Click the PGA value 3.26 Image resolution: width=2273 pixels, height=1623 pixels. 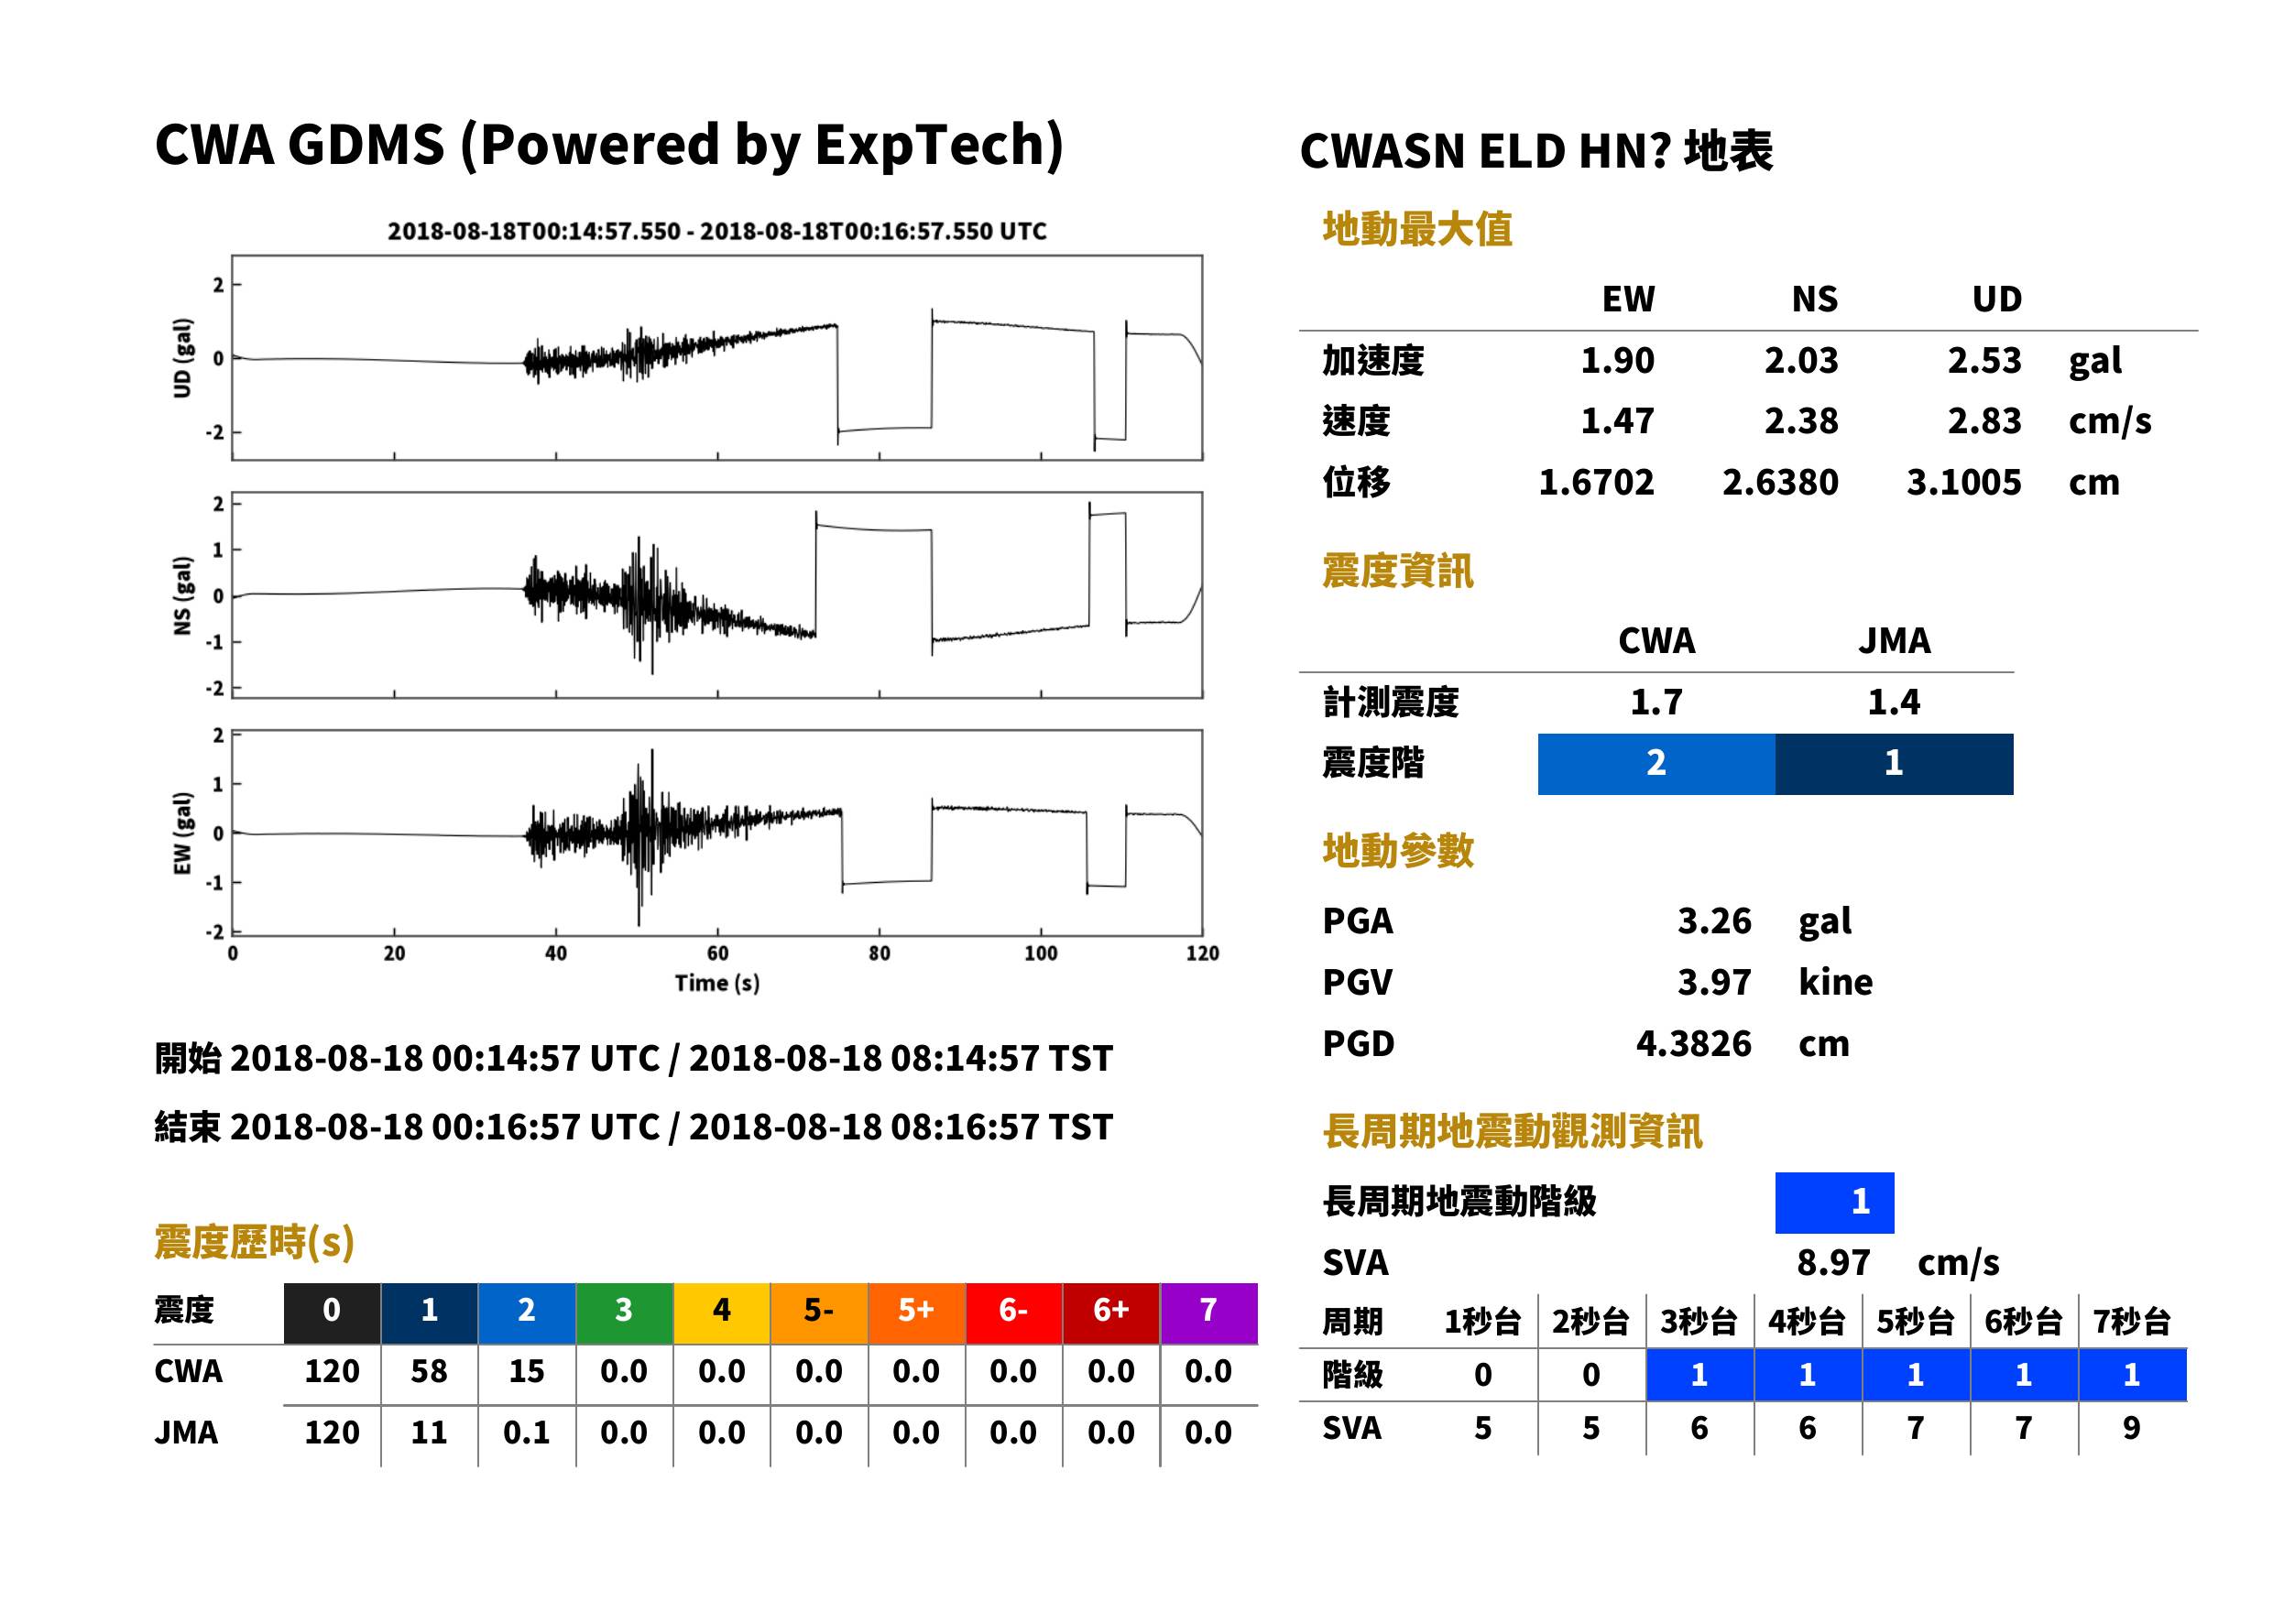pos(1713,920)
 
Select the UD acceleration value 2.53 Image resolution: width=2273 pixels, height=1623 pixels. pos(1983,360)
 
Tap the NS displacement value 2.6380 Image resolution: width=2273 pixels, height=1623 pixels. pos(1779,482)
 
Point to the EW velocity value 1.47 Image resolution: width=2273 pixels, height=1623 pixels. pos(1616,420)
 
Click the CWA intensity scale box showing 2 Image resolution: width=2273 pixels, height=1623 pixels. pos(1656,764)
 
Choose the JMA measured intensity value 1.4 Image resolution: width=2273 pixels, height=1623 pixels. pos(1893,702)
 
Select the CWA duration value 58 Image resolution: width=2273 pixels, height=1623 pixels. pos(429,1371)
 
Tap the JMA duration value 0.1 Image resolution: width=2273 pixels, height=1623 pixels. pos(526,1433)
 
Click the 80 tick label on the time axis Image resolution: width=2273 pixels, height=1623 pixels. pos(879,953)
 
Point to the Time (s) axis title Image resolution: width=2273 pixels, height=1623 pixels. pos(716,984)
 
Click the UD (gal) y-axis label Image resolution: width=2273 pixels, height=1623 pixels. pos(182,358)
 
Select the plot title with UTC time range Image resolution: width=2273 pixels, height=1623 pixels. pos(716,231)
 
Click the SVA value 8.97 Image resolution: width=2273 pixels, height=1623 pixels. pos(1833,1263)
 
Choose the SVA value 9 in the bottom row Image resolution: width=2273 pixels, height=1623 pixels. pos(2131,1428)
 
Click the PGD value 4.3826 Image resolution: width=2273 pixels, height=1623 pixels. pos(1693,1043)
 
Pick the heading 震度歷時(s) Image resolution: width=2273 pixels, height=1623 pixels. pos(255,1242)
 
